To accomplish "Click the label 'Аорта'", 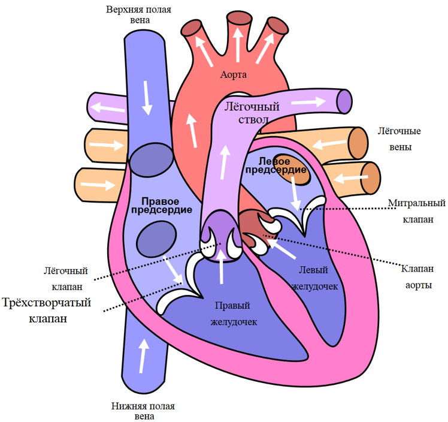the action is (233, 75).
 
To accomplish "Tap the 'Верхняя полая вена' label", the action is (139, 14).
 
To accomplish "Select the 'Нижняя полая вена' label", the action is (143, 411).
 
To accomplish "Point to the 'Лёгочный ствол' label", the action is (252, 113).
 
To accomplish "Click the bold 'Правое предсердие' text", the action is (162, 206).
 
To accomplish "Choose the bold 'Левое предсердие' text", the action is (276, 165).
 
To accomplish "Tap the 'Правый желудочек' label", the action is (234, 314).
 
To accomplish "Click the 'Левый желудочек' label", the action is (314, 278).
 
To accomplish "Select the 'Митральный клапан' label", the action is (417, 211).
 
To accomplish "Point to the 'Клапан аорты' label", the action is (417, 277).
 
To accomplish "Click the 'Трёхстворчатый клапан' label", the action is (47, 311).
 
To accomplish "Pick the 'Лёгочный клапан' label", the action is (66, 279).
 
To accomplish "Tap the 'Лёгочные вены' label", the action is (399, 139).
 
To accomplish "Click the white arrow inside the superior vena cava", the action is (147, 98).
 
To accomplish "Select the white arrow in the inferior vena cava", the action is (143, 355).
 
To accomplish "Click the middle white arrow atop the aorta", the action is (238, 44).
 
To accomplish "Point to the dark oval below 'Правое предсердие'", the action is (156, 239).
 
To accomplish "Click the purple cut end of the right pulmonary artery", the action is (344, 101).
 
